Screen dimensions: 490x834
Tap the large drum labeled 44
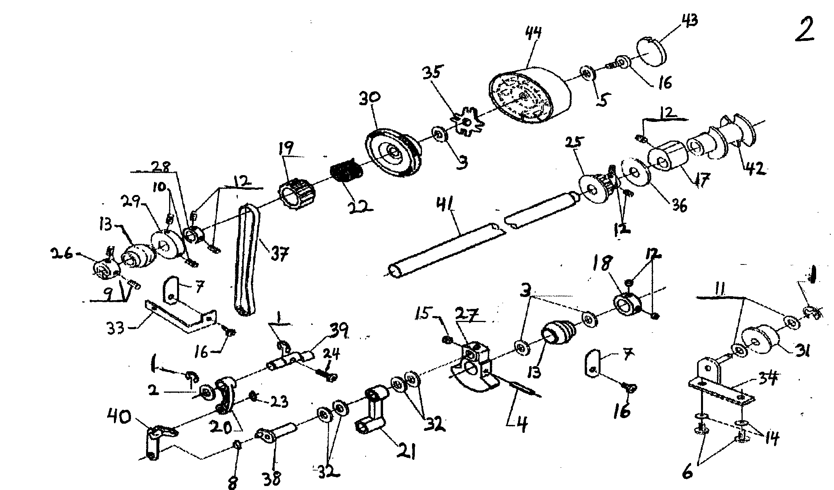pos(528,95)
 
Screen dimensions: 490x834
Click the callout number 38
pos(272,478)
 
